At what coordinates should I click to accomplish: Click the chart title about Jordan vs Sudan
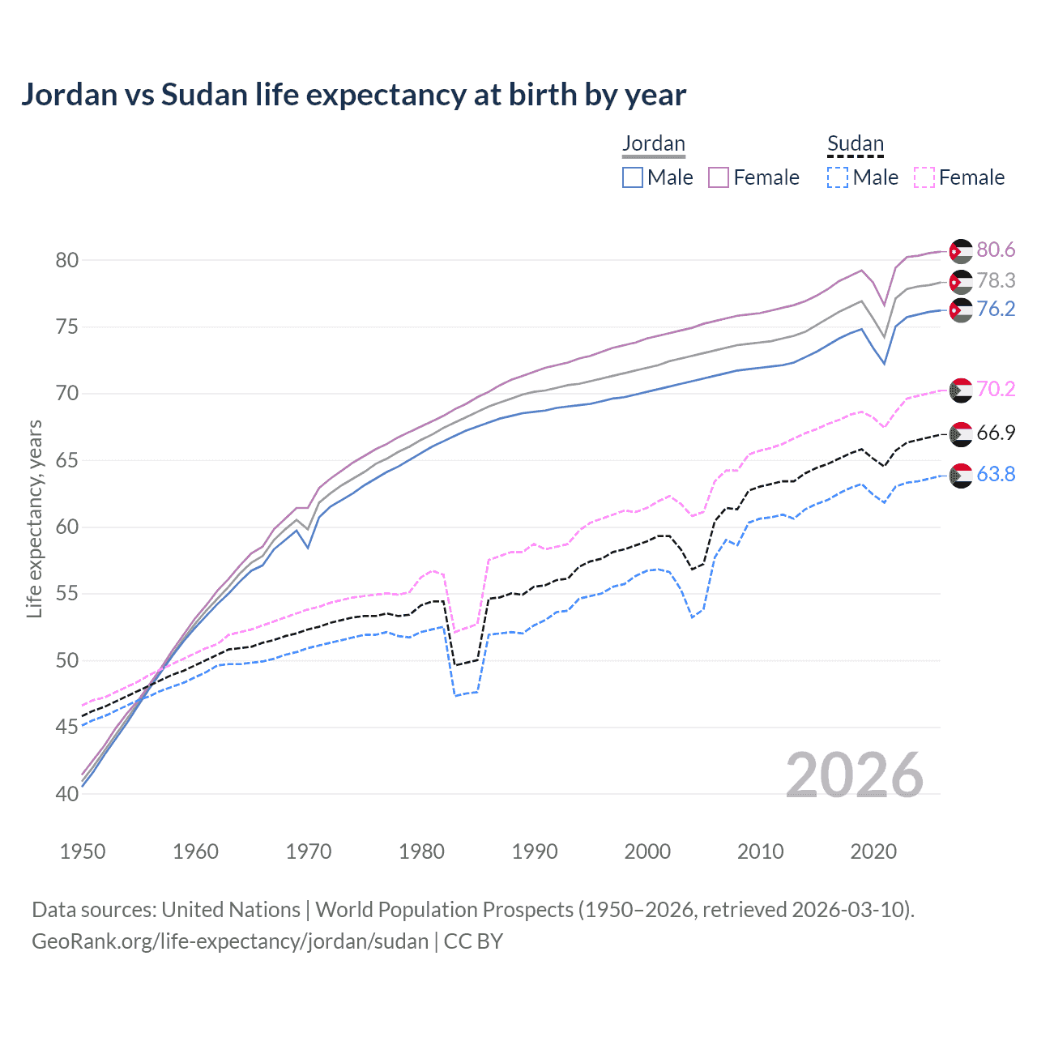click(x=353, y=95)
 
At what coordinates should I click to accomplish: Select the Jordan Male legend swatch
click(x=633, y=177)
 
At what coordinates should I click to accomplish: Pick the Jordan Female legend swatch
click(x=719, y=177)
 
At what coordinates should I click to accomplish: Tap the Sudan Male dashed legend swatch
click(x=838, y=177)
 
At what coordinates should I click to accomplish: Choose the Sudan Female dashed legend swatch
click(x=924, y=177)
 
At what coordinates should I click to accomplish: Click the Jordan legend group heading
click(x=653, y=143)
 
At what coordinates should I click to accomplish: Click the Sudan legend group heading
click(x=855, y=143)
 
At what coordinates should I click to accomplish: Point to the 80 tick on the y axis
click(x=67, y=260)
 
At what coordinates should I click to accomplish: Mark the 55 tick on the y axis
click(x=67, y=594)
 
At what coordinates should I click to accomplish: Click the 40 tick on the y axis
click(x=67, y=794)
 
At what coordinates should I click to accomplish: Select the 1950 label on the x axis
click(x=83, y=851)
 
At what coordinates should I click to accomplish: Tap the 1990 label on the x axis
click(x=535, y=851)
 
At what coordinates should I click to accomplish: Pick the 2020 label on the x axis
click(x=873, y=851)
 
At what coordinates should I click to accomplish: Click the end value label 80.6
click(x=996, y=250)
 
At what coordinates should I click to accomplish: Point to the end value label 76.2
click(x=996, y=309)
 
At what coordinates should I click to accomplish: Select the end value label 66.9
click(x=996, y=433)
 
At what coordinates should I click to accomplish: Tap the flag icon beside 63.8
click(x=960, y=476)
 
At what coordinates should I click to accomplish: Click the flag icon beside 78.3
click(x=960, y=281)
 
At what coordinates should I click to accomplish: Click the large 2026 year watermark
click(x=855, y=775)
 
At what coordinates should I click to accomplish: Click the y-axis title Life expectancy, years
click(x=34, y=518)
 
